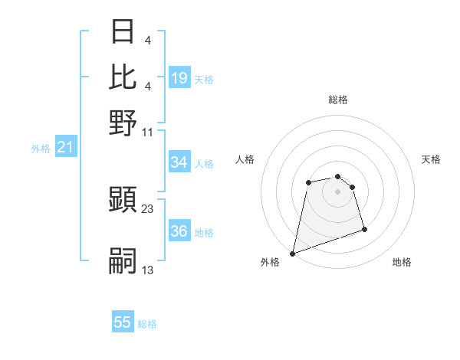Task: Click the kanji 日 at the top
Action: click(x=123, y=32)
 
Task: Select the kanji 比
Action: click(x=123, y=77)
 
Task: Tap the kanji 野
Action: click(x=123, y=123)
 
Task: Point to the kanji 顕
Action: click(x=123, y=201)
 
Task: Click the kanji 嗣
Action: click(x=123, y=261)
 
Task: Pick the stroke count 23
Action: click(x=148, y=208)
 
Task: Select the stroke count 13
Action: click(x=148, y=270)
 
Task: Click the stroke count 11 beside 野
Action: click(x=148, y=131)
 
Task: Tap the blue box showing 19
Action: click(x=179, y=77)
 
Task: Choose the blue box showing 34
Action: click(x=179, y=162)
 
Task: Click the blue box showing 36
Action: click(x=179, y=231)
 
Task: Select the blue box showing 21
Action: click(x=65, y=147)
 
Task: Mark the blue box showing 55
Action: click(x=123, y=322)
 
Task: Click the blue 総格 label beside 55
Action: click(x=147, y=324)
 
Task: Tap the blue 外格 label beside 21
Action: click(x=41, y=149)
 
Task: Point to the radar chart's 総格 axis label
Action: click(x=338, y=100)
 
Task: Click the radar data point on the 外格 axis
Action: click(x=292, y=253)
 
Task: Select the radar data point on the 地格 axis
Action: click(x=364, y=229)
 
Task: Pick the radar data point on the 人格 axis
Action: click(x=308, y=182)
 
